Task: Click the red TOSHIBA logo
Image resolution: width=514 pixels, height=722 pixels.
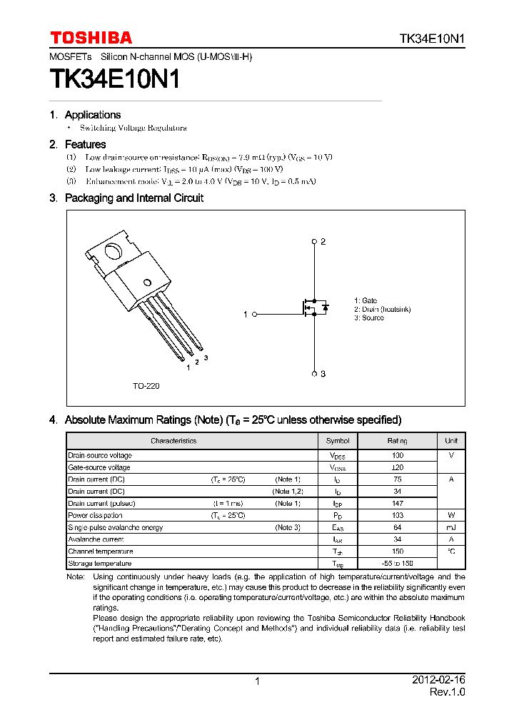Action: pos(91,38)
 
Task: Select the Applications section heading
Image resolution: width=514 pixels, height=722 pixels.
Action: pos(92,115)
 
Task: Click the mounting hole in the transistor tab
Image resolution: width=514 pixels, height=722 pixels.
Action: pos(113,251)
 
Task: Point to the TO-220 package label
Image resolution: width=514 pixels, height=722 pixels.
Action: pos(146,386)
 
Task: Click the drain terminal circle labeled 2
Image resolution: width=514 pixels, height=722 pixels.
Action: pos(314,242)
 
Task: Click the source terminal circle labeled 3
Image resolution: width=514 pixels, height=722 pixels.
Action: pos(314,373)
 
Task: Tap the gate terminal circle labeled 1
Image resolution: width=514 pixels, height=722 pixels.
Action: pos(254,314)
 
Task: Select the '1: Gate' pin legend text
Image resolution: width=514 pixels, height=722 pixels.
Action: pos(366,301)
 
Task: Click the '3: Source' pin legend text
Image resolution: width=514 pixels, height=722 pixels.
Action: pos(369,318)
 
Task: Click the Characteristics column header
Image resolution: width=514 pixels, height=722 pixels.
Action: pos(173,441)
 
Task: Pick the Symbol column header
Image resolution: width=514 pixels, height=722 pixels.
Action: pos(338,441)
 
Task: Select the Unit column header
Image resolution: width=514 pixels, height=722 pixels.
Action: pos(451,441)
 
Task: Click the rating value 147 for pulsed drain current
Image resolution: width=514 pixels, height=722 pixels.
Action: pos(398,504)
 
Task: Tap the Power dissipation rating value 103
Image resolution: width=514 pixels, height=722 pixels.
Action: pos(398,515)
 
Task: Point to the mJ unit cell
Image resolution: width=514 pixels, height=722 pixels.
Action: pos(451,527)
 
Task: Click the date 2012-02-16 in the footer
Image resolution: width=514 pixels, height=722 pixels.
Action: pos(438,681)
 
